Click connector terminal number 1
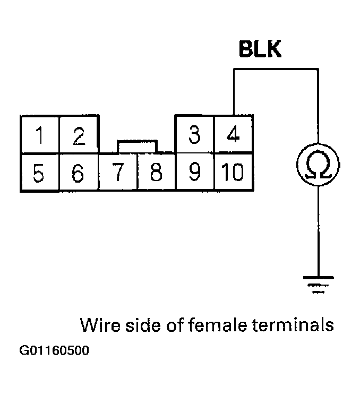[39, 135]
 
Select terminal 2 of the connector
[79, 135]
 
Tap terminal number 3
[195, 135]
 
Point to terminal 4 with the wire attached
[232, 135]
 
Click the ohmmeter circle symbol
[318, 165]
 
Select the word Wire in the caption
[97, 324]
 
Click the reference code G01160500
[54, 351]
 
